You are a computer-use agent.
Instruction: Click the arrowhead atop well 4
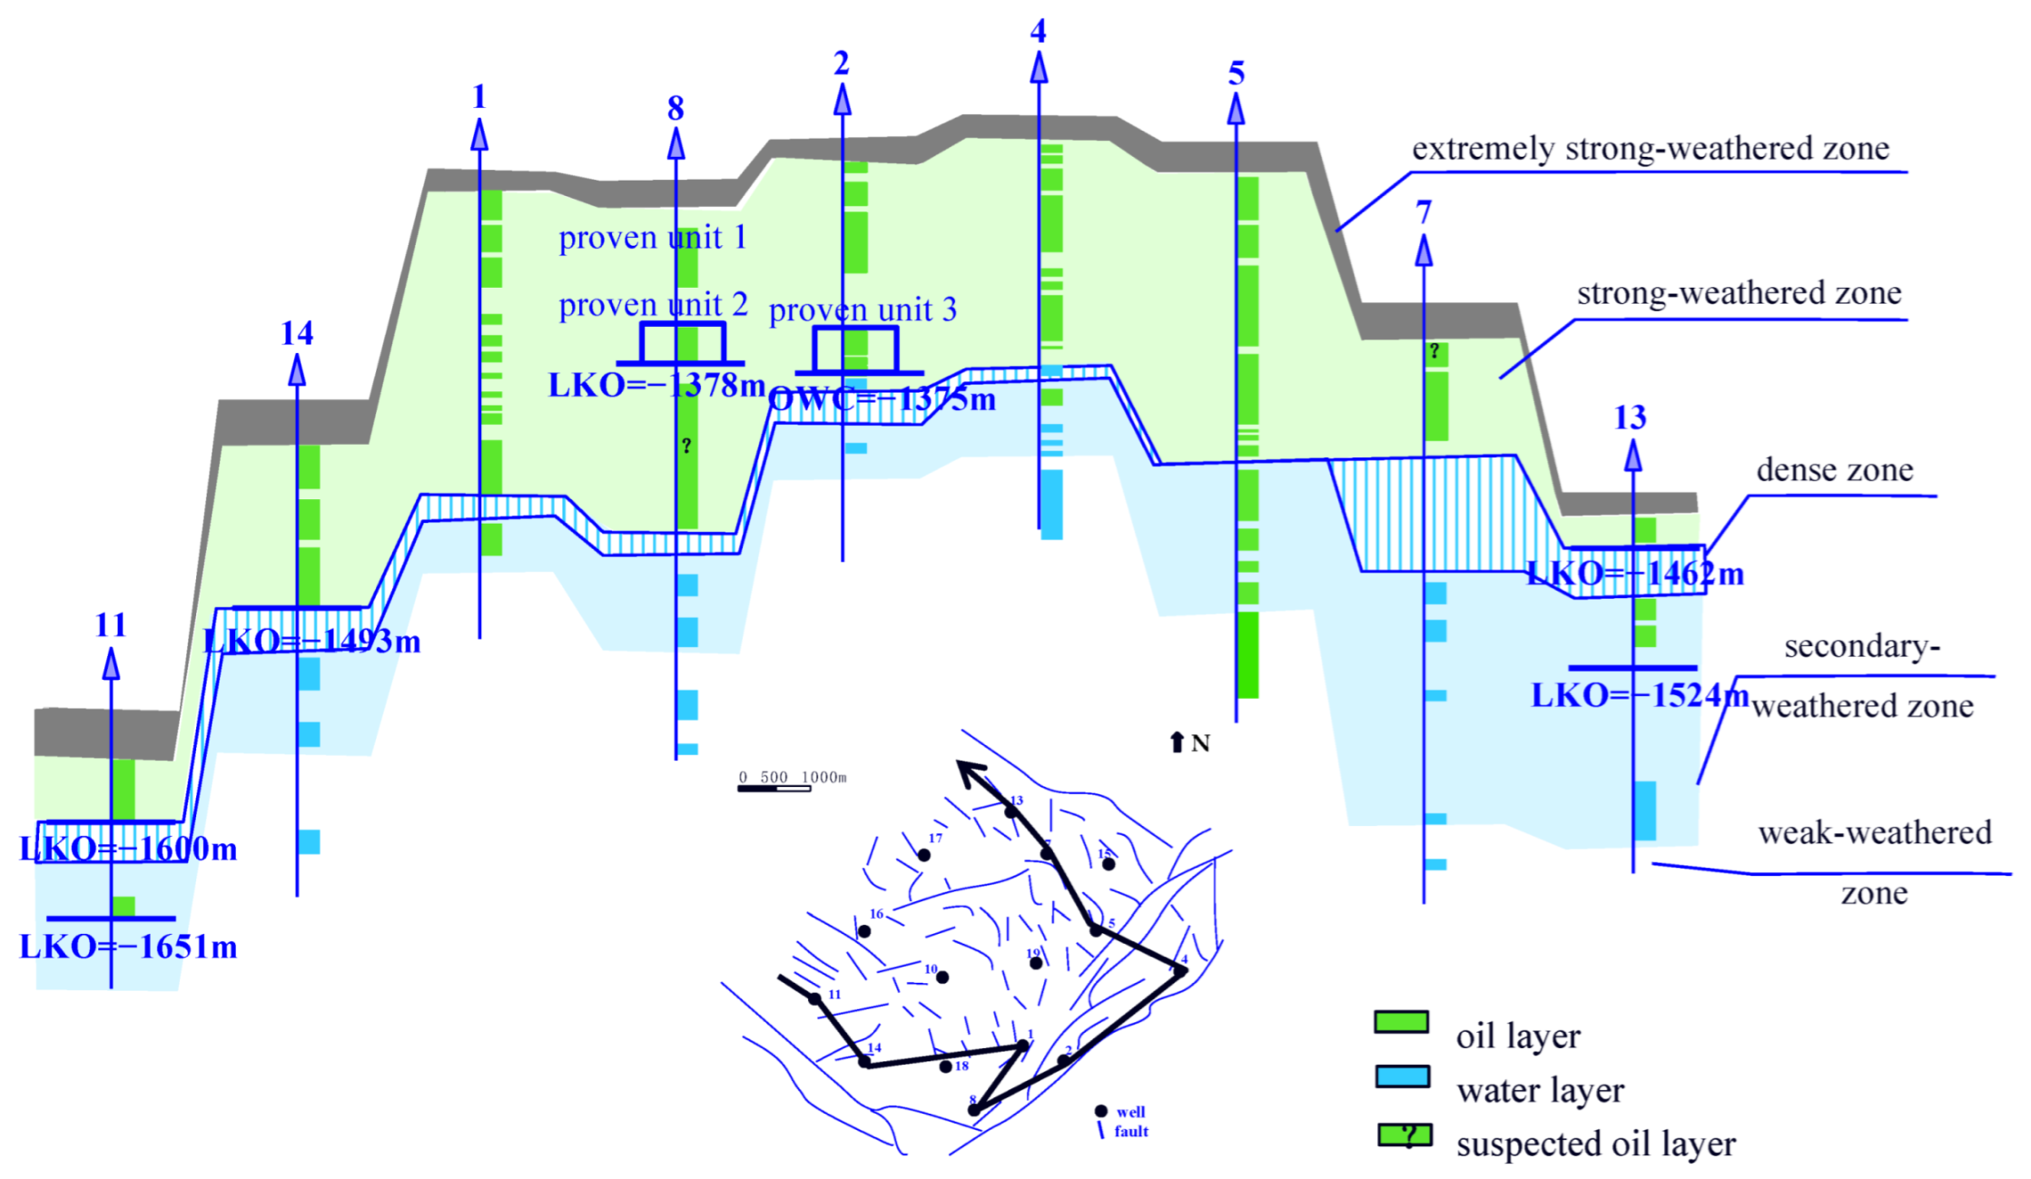(x=1039, y=67)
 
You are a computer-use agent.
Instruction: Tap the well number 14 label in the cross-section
(x=297, y=333)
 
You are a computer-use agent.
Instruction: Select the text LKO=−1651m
(x=128, y=947)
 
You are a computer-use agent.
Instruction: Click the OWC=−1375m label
(x=882, y=399)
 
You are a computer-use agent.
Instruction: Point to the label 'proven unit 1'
(x=652, y=238)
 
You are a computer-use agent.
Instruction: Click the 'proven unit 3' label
(x=863, y=310)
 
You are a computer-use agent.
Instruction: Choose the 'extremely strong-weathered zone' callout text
(x=1650, y=149)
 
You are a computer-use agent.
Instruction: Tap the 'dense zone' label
(x=1834, y=470)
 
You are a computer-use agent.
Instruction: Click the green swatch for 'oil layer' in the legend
(x=1401, y=1022)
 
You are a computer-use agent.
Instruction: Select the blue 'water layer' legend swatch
(x=1401, y=1076)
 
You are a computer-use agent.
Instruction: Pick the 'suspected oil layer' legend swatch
(x=1404, y=1135)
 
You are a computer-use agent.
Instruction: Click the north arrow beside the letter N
(x=1177, y=742)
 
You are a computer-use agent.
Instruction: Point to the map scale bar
(x=774, y=788)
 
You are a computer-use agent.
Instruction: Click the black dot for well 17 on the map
(x=923, y=855)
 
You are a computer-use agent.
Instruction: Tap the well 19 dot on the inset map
(x=1036, y=963)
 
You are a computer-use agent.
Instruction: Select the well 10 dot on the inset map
(x=942, y=978)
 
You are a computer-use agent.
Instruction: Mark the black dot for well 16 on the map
(x=864, y=931)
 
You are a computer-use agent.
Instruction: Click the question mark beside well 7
(x=1435, y=351)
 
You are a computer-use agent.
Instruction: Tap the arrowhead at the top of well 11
(x=111, y=665)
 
